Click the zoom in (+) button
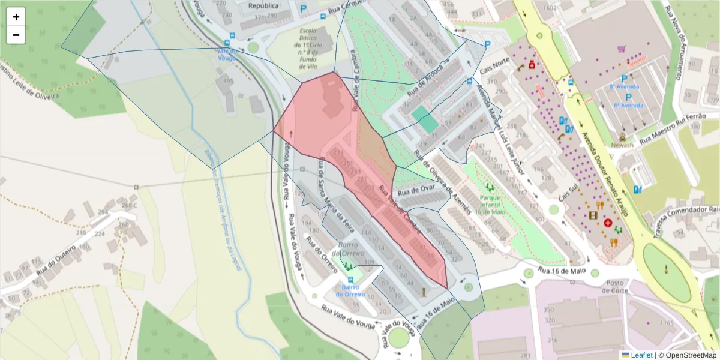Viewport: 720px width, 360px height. point(16,17)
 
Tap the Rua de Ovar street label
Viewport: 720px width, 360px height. point(416,190)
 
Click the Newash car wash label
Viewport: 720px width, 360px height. point(622,145)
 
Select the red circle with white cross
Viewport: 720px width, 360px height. point(608,223)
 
